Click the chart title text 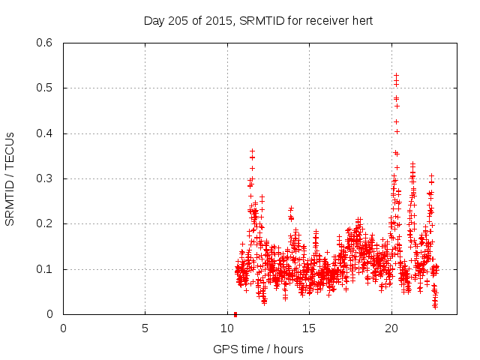(258, 21)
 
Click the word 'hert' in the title (361, 21)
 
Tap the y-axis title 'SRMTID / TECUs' (10, 178)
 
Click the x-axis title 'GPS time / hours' (258, 349)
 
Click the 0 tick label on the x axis (63, 328)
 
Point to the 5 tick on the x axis (145, 328)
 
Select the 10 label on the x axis (227, 328)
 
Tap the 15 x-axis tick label (309, 328)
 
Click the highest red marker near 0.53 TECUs (396, 75)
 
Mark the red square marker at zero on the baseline (235, 314)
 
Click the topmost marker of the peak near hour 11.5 (253, 151)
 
